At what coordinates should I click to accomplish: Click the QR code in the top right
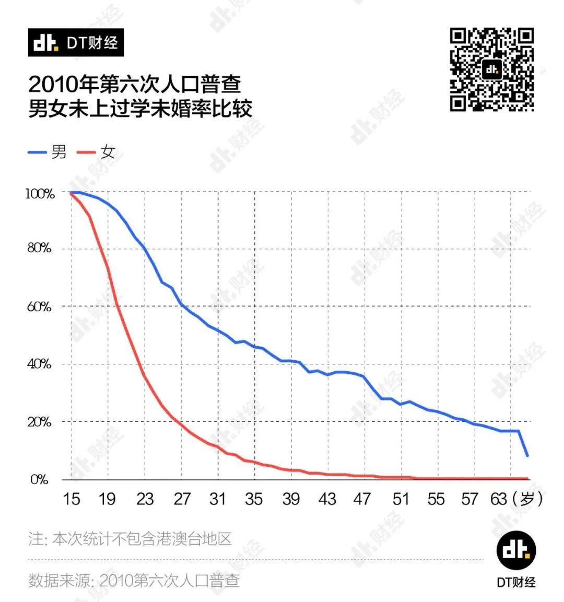coord(491,70)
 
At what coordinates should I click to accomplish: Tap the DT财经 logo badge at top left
coord(76,43)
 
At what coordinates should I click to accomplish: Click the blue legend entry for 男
coord(48,152)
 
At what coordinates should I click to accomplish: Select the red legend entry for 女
coord(96,152)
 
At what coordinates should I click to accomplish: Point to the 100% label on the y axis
coord(40,194)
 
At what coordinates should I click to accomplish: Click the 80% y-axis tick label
coord(40,248)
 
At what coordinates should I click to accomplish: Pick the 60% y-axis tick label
coord(40,306)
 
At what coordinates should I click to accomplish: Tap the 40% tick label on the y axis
coord(40,364)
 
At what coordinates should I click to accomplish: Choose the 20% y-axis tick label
coord(40,422)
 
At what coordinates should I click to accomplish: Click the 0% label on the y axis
coord(40,479)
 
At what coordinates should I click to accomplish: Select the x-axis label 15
coord(72,499)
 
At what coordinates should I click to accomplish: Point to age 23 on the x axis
coord(145,499)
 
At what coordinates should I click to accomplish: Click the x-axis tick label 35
coord(254,499)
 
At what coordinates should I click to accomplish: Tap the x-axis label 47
coord(362,499)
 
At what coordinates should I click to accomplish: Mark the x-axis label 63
coord(499,499)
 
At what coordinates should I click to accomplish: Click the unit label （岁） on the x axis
coord(527,499)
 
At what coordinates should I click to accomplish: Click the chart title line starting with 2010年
coord(135,85)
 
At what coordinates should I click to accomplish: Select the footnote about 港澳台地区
coord(130,539)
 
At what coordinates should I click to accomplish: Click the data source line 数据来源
coord(134,580)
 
